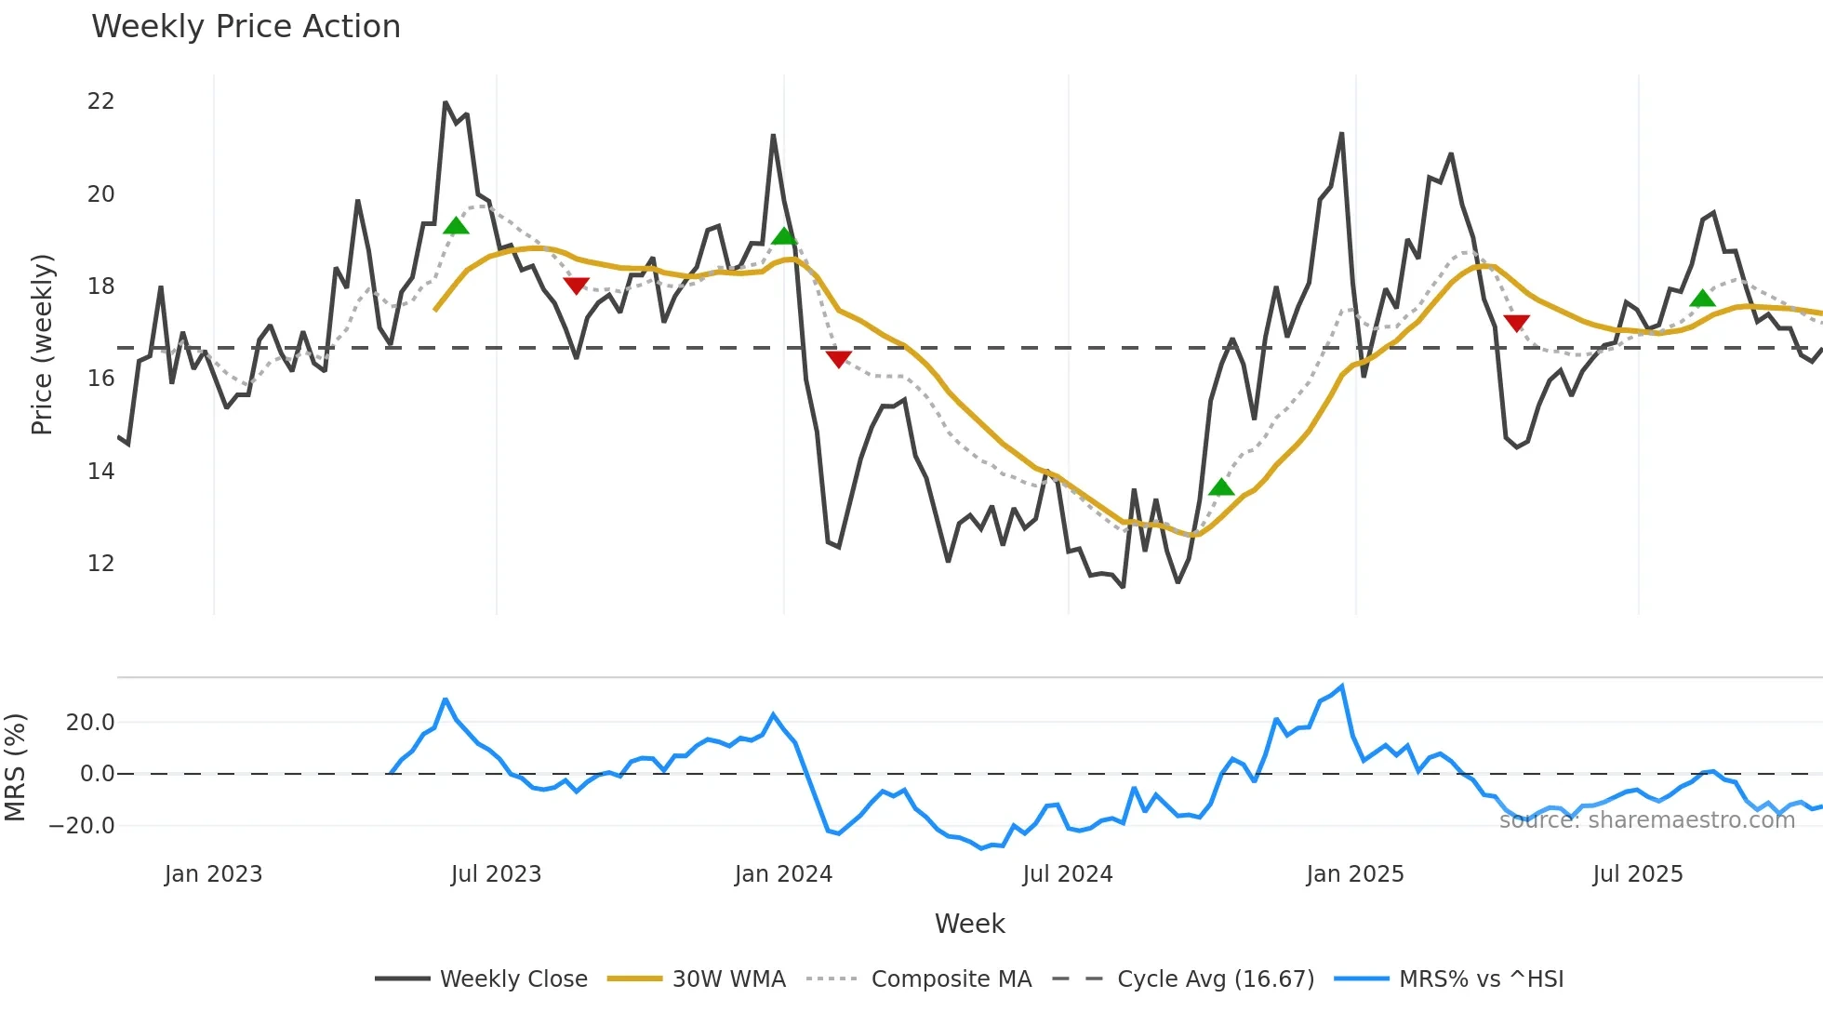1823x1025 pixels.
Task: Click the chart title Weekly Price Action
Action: [246, 27]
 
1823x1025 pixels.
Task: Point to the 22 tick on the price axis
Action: [100, 101]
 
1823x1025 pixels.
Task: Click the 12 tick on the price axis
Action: [100, 564]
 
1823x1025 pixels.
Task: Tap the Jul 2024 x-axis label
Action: [1067, 874]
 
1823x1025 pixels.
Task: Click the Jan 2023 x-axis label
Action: [213, 874]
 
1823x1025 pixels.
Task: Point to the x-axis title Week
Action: [969, 924]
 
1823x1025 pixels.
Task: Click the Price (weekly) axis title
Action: [42, 344]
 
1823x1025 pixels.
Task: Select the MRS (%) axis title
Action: [15, 767]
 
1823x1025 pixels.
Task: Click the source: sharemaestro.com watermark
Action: [1646, 820]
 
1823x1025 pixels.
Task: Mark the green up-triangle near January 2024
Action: [784, 236]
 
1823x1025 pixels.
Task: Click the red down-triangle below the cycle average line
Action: [838, 359]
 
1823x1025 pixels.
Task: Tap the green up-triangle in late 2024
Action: [1221, 487]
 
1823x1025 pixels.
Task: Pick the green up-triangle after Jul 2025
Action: [1702, 299]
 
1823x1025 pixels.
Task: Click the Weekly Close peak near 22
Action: [446, 103]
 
